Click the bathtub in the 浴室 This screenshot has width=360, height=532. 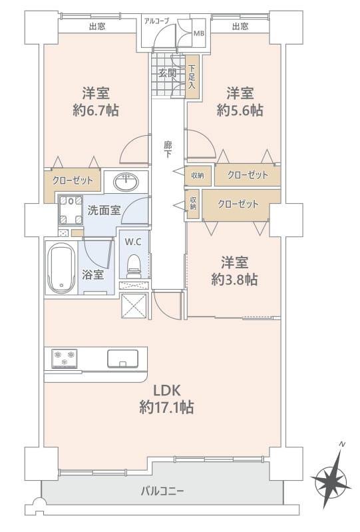(x=61, y=268)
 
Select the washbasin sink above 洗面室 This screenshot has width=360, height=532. (x=126, y=182)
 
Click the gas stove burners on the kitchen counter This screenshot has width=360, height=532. (x=64, y=358)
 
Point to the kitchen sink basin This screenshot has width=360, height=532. (x=122, y=359)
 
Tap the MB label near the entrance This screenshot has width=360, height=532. (x=199, y=33)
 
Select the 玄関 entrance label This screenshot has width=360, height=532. (x=168, y=73)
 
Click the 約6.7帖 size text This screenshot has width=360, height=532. (x=96, y=111)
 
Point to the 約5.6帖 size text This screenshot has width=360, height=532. (x=240, y=111)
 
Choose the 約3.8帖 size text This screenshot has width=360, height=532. (x=235, y=280)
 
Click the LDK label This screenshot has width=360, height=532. (x=167, y=391)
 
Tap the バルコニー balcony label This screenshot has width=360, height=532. (x=162, y=491)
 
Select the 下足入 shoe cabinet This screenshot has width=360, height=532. (x=192, y=77)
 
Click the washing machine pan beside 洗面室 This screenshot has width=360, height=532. (x=71, y=210)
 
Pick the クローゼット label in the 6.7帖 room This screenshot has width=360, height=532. (x=73, y=180)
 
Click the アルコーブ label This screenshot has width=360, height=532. (x=156, y=21)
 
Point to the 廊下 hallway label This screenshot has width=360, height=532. (x=168, y=150)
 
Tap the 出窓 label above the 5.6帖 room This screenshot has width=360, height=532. (x=240, y=26)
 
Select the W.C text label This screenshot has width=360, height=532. (x=133, y=242)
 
